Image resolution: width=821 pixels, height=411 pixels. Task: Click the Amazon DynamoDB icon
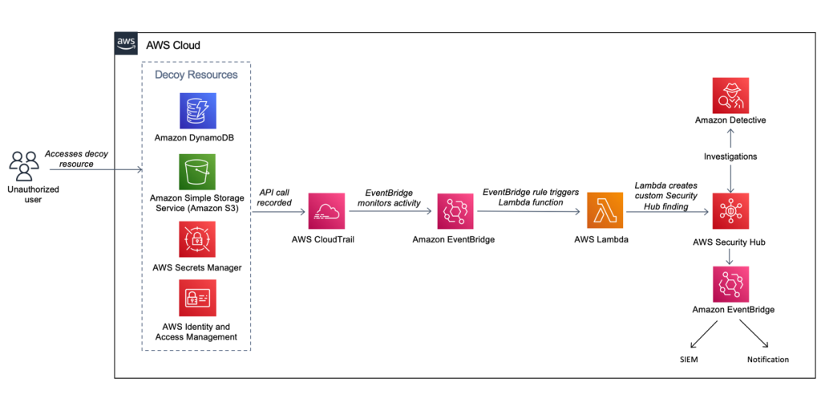click(x=197, y=112)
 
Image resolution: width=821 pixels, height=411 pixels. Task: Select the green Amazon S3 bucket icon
click(x=197, y=173)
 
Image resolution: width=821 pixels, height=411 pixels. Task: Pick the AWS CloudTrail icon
click(x=326, y=211)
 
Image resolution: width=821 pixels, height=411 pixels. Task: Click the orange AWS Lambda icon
click(x=605, y=211)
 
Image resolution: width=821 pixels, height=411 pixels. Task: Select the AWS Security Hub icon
click(x=730, y=211)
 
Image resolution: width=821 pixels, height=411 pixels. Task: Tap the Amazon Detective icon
click(x=730, y=95)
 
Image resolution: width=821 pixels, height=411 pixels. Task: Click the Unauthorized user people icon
click(x=24, y=165)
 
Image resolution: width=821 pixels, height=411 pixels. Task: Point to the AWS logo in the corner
click(x=126, y=44)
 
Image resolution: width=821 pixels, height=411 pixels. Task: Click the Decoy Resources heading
click(x=196, y=75)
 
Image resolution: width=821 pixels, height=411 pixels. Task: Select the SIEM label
click(x=688, y=360)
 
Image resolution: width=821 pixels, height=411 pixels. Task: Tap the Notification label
click(x=767, y=360)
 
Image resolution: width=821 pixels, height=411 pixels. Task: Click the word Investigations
click(x=730, y=157)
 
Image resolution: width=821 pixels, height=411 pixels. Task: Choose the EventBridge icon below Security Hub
click(x=730, y=284)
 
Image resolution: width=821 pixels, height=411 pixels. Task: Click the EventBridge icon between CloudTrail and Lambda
click(x=454, y=211)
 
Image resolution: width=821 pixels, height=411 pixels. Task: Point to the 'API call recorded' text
click(x=275, y=197)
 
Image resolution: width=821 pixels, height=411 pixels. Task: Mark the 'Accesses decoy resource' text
click(x=76, y=158)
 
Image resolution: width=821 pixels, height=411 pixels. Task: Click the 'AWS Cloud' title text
click(x=173, y=45)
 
